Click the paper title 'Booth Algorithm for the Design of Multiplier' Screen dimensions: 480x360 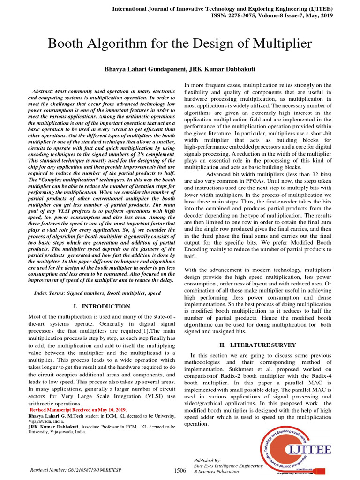180,44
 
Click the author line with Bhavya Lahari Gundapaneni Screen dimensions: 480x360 180,69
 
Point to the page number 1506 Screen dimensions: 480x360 180,470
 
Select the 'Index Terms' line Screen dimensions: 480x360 97,293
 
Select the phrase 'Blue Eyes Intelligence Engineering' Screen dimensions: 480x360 228,466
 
